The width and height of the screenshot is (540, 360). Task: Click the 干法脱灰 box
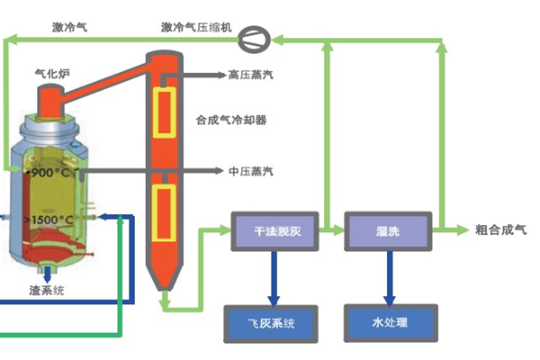(x=277, y=231)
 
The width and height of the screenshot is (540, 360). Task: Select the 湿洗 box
(x=389, y=231)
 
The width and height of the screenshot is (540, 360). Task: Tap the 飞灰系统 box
(x=270, y=321)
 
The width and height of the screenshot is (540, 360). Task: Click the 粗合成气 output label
(x=500, y=231)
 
